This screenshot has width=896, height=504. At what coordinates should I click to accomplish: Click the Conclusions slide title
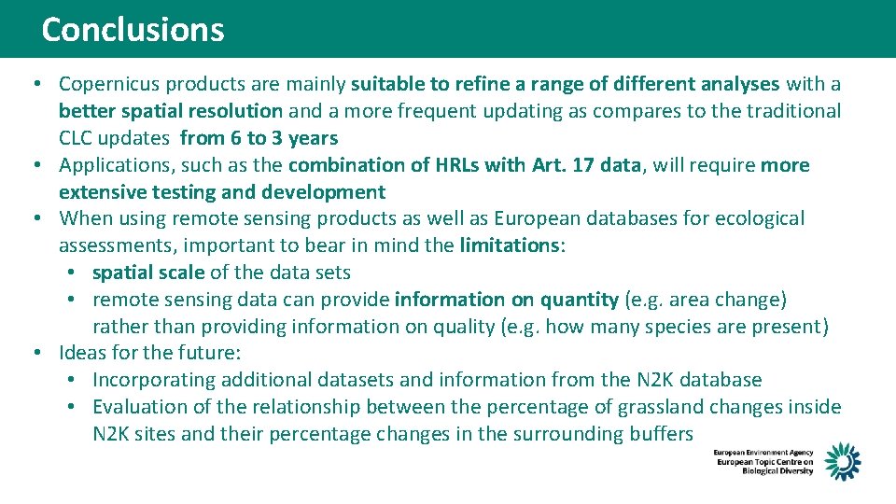[x=133, y=29]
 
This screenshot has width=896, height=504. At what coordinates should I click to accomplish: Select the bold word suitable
[x=387, y=84]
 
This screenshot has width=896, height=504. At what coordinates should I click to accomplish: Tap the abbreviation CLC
[x=77, y=138]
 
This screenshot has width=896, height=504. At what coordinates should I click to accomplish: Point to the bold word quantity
[x=578, y=300]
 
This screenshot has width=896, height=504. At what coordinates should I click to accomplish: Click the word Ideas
[x=82, y=353]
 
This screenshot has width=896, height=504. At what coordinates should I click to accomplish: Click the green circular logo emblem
[x=842, y=461]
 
